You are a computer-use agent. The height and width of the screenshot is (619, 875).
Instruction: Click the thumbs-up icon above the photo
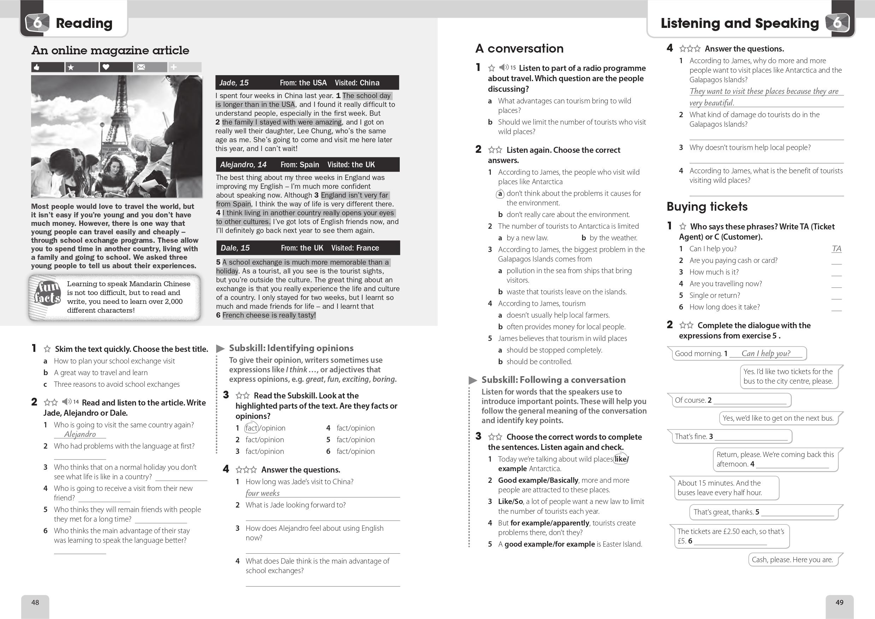point(37,67)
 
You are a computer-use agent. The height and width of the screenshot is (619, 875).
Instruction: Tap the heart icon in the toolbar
point(106,67)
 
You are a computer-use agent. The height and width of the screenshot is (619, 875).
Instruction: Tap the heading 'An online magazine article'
point(110,50)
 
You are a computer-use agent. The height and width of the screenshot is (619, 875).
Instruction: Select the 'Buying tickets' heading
point(707,206)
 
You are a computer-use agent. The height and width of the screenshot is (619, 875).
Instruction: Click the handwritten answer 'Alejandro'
point(80,434)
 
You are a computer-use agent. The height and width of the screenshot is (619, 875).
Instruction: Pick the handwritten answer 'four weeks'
point(262,493)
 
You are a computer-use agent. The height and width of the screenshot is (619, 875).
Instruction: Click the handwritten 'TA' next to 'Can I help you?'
point(836,249)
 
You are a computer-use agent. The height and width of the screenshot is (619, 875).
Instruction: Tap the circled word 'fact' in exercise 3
point(251,428)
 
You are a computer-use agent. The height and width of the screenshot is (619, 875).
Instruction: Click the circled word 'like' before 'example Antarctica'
point(621,459)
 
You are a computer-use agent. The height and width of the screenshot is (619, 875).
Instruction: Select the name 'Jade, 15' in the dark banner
point(234,83)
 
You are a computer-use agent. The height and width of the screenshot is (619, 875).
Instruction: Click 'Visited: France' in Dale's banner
point(355,248)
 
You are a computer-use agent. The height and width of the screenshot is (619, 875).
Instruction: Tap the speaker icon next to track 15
point(504,67)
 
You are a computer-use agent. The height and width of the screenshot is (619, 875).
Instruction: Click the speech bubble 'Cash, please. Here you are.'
point(792,560)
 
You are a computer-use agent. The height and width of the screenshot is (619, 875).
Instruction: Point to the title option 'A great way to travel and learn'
point(101,373)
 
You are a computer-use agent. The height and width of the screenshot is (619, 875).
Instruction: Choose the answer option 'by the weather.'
point(613,238)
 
